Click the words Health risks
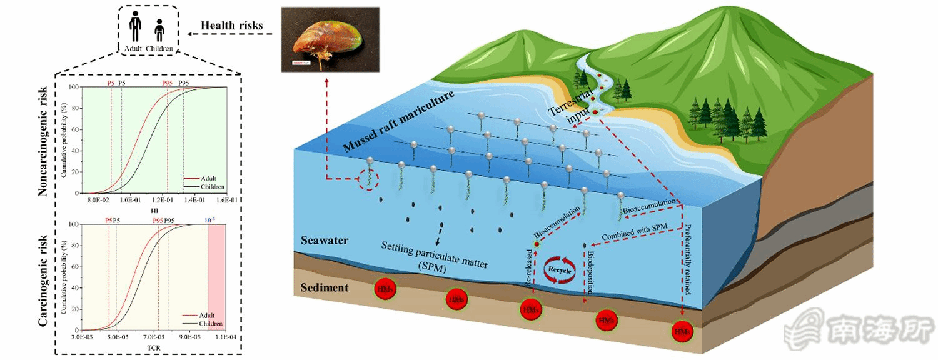(x=231, y=26)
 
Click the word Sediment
(x=324, y=288)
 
